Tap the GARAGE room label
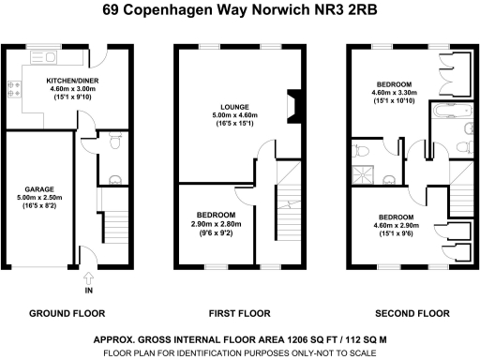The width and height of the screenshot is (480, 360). tap(37, 188)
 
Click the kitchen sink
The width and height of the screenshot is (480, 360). tap(43, 58)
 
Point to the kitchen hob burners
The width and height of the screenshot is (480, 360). tap(15, 90)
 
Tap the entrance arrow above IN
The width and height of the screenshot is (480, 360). tap(89, 277)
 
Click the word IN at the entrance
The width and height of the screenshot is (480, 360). tap(89, 291)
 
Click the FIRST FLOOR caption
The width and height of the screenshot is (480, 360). tap(232, 313)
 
